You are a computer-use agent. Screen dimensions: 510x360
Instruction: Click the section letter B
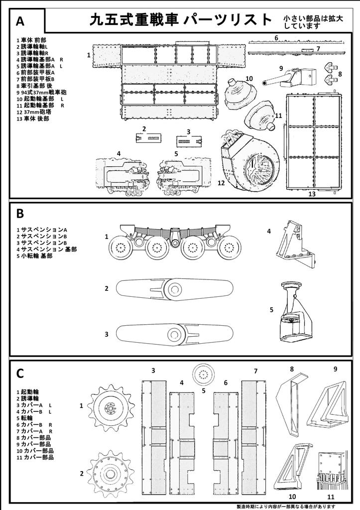(20, 214)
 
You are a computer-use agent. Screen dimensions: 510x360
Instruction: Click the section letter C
(20, 374)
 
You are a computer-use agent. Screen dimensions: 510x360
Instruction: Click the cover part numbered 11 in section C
(331, 471)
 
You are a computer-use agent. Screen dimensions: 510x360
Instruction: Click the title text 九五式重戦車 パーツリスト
(181, 20)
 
